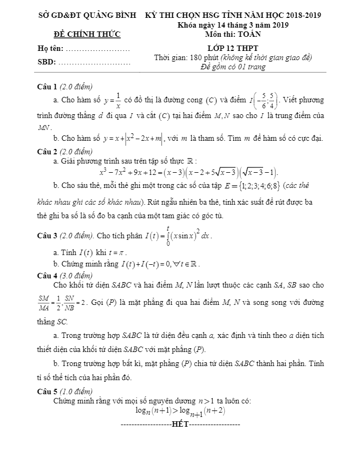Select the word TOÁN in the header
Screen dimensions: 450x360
click(x=248, y=34)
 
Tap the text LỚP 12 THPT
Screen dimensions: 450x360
click(x=233, y=48)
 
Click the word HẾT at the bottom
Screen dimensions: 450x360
click(x=179, y=423)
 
